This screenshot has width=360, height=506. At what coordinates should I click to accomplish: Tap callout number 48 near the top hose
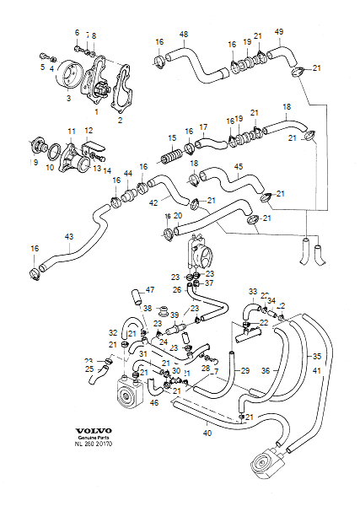(183, 34)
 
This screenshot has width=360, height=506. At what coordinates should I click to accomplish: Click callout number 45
(239, 167)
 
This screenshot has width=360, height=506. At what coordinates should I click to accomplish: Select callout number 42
(154, 203)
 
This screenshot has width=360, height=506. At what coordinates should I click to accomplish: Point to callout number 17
(203, 127)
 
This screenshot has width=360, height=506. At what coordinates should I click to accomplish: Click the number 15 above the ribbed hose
(172, 137)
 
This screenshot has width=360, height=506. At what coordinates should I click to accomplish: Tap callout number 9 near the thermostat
(35, 162)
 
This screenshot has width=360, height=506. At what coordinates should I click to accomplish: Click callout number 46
(154, 404)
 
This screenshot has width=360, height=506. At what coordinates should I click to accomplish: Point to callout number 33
(252, 291)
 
